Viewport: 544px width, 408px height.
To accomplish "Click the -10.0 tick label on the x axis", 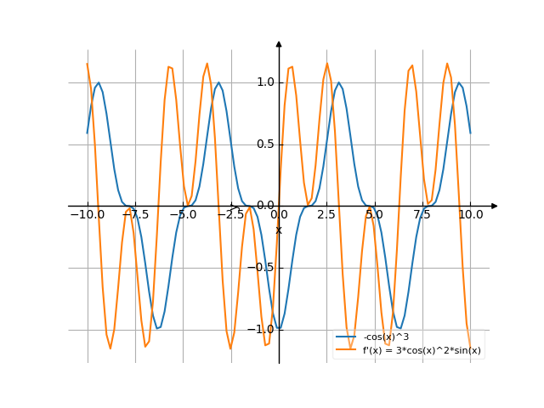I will click(x=88, y=215).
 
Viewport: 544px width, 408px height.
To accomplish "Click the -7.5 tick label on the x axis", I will click(x=135, y=215).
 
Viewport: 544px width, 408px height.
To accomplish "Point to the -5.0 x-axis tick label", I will click(x=183, y=215).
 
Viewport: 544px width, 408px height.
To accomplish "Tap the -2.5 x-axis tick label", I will click(x=230, y=215).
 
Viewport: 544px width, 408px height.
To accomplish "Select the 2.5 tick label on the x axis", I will click(x=326, y=215).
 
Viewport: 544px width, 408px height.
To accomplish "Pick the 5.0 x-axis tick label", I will click(x=375, y=215).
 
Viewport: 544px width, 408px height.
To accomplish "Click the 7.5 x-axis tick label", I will click(x=422, y=215).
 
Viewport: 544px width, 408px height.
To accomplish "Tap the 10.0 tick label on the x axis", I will click(x=470, y=215).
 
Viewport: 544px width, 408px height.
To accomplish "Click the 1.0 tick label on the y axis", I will click(x=265, y=82).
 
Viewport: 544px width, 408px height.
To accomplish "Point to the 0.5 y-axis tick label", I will click(x=265, y=144).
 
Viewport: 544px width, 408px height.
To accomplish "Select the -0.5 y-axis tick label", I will click(x=263, y=268).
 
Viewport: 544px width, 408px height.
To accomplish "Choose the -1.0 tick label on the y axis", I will click(x=263, y=329).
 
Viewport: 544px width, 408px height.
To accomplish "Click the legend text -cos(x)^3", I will click(x=386, y=337).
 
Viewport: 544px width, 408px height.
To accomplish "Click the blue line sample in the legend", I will click(x=346, y=337).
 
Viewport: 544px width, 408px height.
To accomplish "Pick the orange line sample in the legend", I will click(x=346, y=350).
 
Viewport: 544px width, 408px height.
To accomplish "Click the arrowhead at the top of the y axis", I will click(x=279, y=43).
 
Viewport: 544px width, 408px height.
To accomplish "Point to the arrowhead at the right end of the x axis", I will click(x=494, y=206).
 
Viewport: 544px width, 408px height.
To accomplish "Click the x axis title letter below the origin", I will click(x=279, y=229).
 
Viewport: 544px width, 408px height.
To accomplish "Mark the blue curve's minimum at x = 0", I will click(x=279, y=329).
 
